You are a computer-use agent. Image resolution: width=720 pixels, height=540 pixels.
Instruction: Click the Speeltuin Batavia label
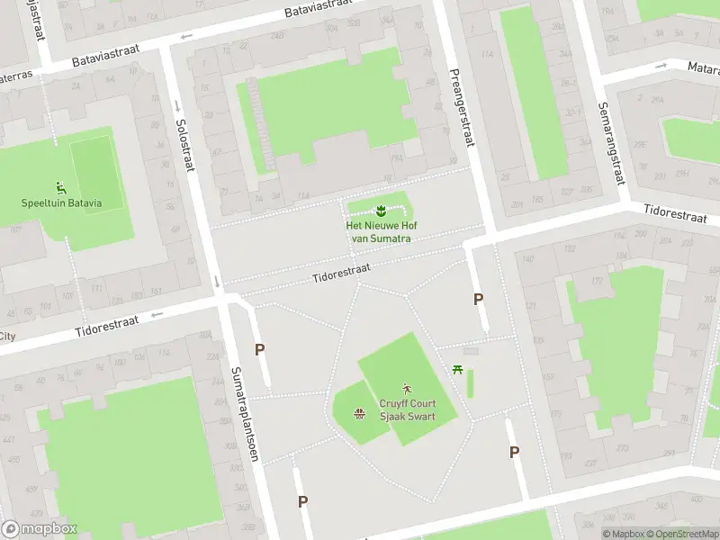(x=61, y=202)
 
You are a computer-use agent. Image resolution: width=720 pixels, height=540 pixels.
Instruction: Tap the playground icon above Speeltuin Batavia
(x=61, y=187)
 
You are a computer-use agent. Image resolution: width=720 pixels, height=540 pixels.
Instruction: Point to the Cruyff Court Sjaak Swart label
(x=407, y=410)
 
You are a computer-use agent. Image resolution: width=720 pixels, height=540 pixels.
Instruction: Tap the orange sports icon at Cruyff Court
(x=407, y=389)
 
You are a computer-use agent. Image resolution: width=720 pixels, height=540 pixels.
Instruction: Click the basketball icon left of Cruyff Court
(x=359, y=413)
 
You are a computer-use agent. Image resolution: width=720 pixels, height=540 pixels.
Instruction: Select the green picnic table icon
(x=459, y=368)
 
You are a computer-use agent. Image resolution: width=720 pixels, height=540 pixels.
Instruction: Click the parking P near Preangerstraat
(x=479, y=299)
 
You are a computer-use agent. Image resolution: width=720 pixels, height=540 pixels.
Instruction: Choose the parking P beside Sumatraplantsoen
(x=259, y=349)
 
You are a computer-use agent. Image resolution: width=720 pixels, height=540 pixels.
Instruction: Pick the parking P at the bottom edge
(x=303, y=501)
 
